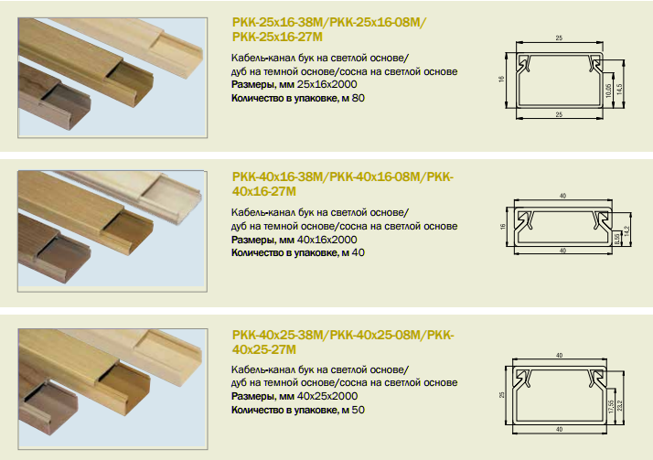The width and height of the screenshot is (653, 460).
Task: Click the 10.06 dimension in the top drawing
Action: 608,91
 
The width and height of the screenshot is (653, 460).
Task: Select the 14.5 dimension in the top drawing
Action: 620,89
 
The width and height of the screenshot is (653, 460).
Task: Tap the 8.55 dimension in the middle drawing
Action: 617,239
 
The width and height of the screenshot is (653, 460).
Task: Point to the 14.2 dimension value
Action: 626,231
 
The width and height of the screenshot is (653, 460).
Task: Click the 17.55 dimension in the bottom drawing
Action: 611,407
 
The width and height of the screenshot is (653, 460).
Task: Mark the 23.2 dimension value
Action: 620,405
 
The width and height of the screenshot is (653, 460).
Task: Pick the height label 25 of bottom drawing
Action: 502,395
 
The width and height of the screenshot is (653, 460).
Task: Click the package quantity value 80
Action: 359,98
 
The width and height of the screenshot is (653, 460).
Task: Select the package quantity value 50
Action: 359,410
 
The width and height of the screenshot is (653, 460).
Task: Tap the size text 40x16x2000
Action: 326,240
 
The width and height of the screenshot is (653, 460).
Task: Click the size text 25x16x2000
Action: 326,84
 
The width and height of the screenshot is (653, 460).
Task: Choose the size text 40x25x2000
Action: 327,396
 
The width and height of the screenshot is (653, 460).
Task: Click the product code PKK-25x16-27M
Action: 277,37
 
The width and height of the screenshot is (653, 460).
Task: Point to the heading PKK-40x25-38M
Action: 278,335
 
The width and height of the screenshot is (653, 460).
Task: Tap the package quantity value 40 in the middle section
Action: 359,252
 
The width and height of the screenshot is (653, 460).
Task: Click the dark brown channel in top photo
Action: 54,99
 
